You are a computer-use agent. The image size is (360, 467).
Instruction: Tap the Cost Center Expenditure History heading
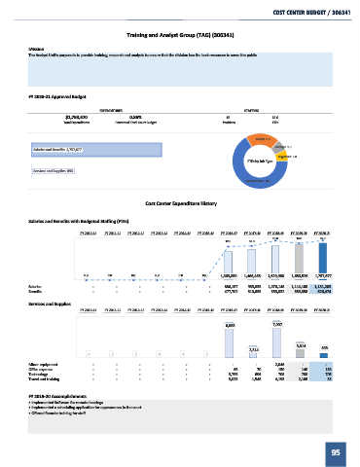(180, 202)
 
